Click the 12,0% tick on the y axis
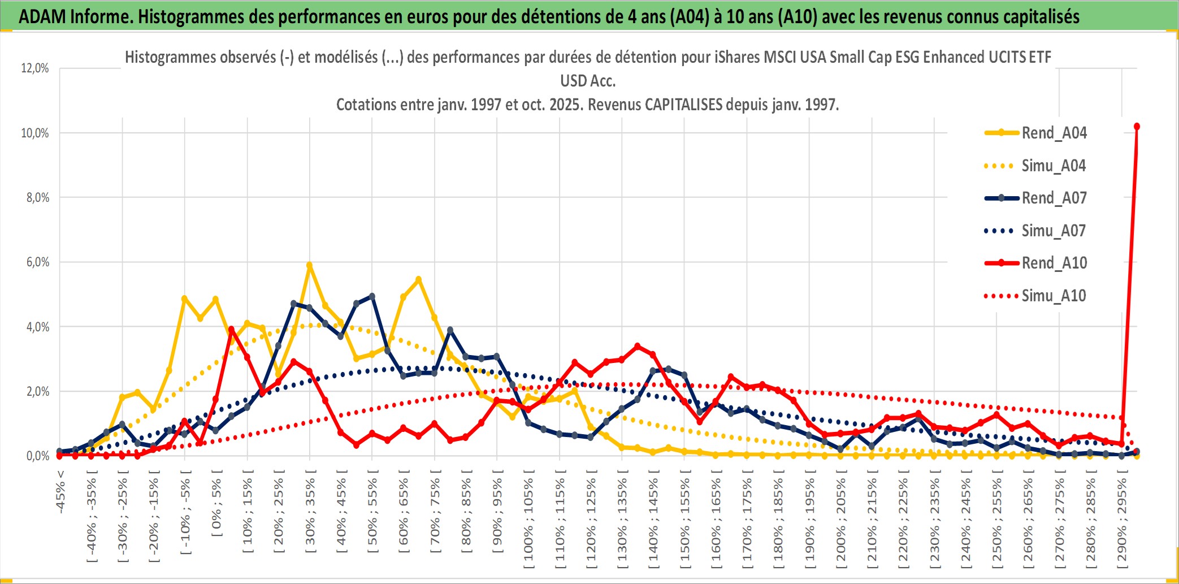point(35,68)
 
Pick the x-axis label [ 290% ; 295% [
point(1122,521)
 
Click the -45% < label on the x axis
point(60,492)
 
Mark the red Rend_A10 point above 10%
point(1137,127)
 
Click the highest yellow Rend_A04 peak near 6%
point(309,265)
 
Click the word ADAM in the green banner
point(42,16)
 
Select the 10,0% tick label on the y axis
point(35,133)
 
